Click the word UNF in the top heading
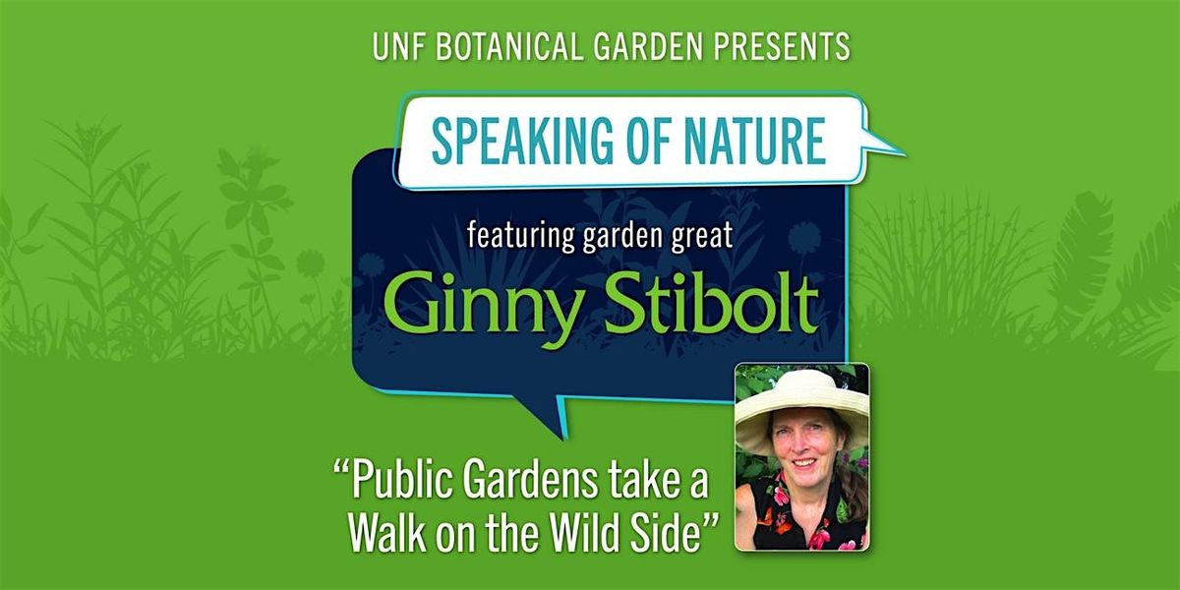coord(399,46)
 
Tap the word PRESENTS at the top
coord(782,46)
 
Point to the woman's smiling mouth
coord(804,463)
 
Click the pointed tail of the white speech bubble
coord(891,150)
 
